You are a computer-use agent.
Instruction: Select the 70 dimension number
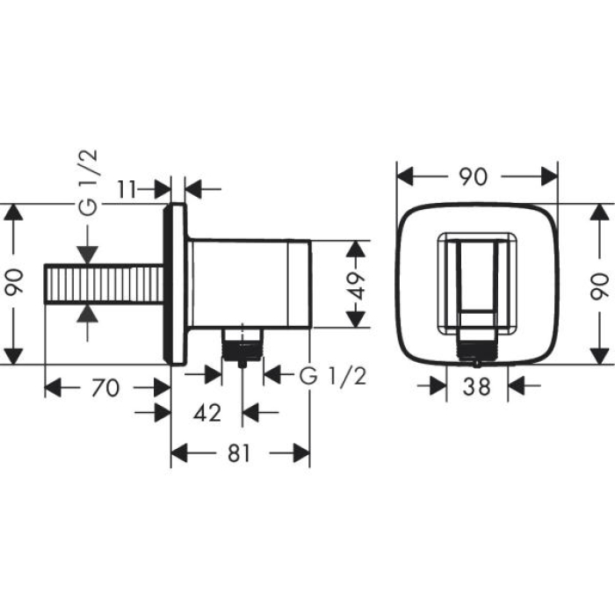coord(105,387)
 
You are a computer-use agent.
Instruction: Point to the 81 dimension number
coord(240,452)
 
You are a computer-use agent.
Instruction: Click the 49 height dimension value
coord(356,284)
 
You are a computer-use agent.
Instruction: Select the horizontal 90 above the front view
coord(473,176)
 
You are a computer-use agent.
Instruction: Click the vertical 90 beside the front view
coord(599,286)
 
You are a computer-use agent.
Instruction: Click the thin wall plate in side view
coord(176,286)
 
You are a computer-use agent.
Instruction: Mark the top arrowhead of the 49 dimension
coord(355,248)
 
